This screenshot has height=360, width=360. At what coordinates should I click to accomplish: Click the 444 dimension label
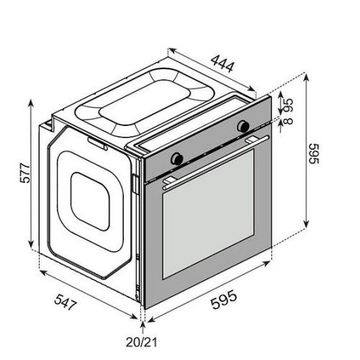pyautogui.click(x=222, y=64)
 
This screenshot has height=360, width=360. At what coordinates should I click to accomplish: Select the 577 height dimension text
pyautogui.click(x=25, y=174)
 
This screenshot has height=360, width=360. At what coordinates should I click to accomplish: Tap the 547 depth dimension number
pyautogui.click(x=66, y=302)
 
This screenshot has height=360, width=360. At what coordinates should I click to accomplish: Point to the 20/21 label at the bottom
pyautogui.click(x=142, y=342)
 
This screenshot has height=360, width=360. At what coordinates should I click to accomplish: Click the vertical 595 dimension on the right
pyautogui.click(x=313, y=154)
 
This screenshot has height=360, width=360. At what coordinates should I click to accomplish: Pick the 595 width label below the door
pyautogui.click(x=224, y=300)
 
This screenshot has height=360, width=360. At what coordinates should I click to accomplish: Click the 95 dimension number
pyautogui.click(x=288, y=106)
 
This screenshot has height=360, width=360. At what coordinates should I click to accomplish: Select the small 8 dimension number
pyautogui.click(x=288, y=120)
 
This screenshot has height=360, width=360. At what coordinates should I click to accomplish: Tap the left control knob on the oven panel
pyautogui.click(x=177, y=158)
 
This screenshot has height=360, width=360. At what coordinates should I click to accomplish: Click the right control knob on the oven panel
pyautogui.click(x=243, y=125)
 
